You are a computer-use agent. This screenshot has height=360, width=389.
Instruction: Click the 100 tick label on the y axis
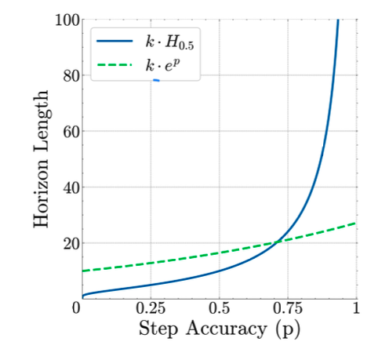pos(67,19)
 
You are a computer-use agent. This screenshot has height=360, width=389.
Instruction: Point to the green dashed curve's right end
pos(356,224)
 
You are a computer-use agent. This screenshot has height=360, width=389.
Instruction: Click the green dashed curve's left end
pos(82,271)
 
